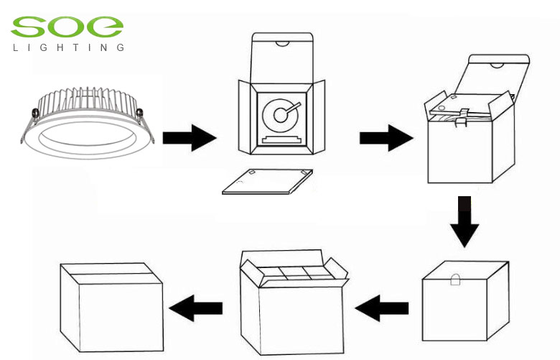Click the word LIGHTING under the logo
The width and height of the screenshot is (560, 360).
point(68,48)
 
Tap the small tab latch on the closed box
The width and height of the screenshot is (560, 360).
point(456,282)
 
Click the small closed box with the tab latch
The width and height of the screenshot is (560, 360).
point(463,302)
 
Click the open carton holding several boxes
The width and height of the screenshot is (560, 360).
point(291,305)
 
